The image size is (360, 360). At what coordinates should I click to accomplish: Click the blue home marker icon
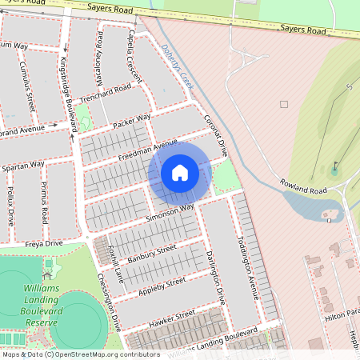pos(180,173)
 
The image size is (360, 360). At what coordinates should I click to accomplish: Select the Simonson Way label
pos(170,212)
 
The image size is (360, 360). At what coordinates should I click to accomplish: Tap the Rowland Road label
pos(305,188)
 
